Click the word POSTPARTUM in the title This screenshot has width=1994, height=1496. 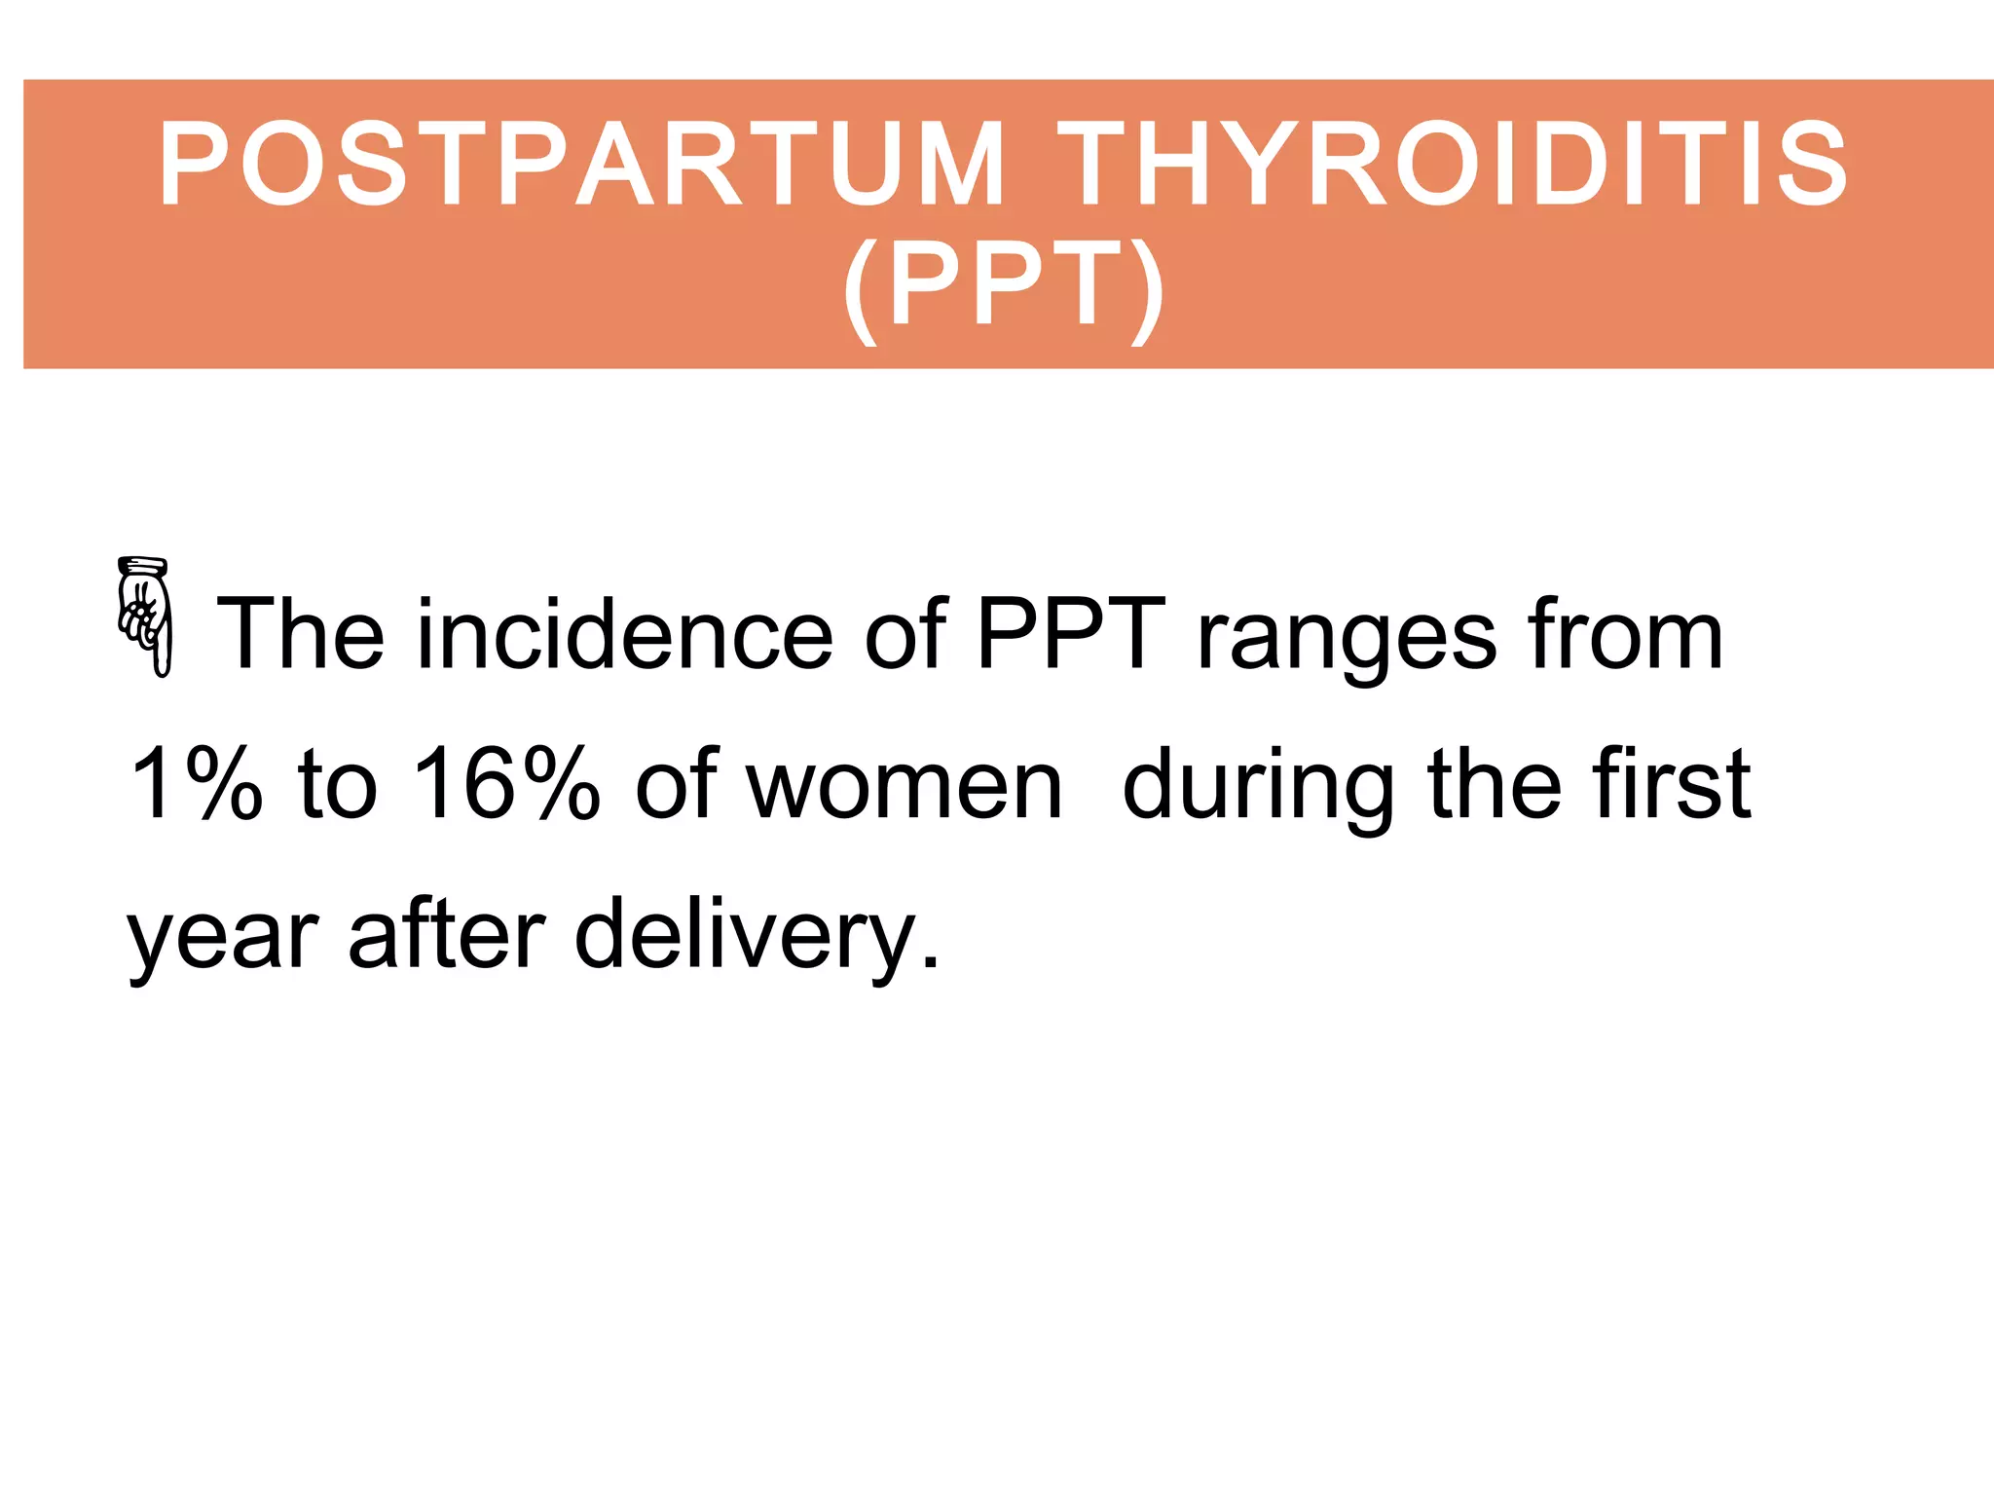pos(581,164)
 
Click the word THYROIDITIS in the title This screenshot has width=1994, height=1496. pos(1453,164)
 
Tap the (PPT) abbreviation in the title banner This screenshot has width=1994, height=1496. pos(1004,286)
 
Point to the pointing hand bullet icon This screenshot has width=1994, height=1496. pos(145,616)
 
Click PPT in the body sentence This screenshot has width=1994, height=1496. pos(1071,635)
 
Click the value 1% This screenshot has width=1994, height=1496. pos(196,784)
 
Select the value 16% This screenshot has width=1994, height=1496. pos(505,784)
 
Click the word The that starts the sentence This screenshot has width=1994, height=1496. pos(301,635)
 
